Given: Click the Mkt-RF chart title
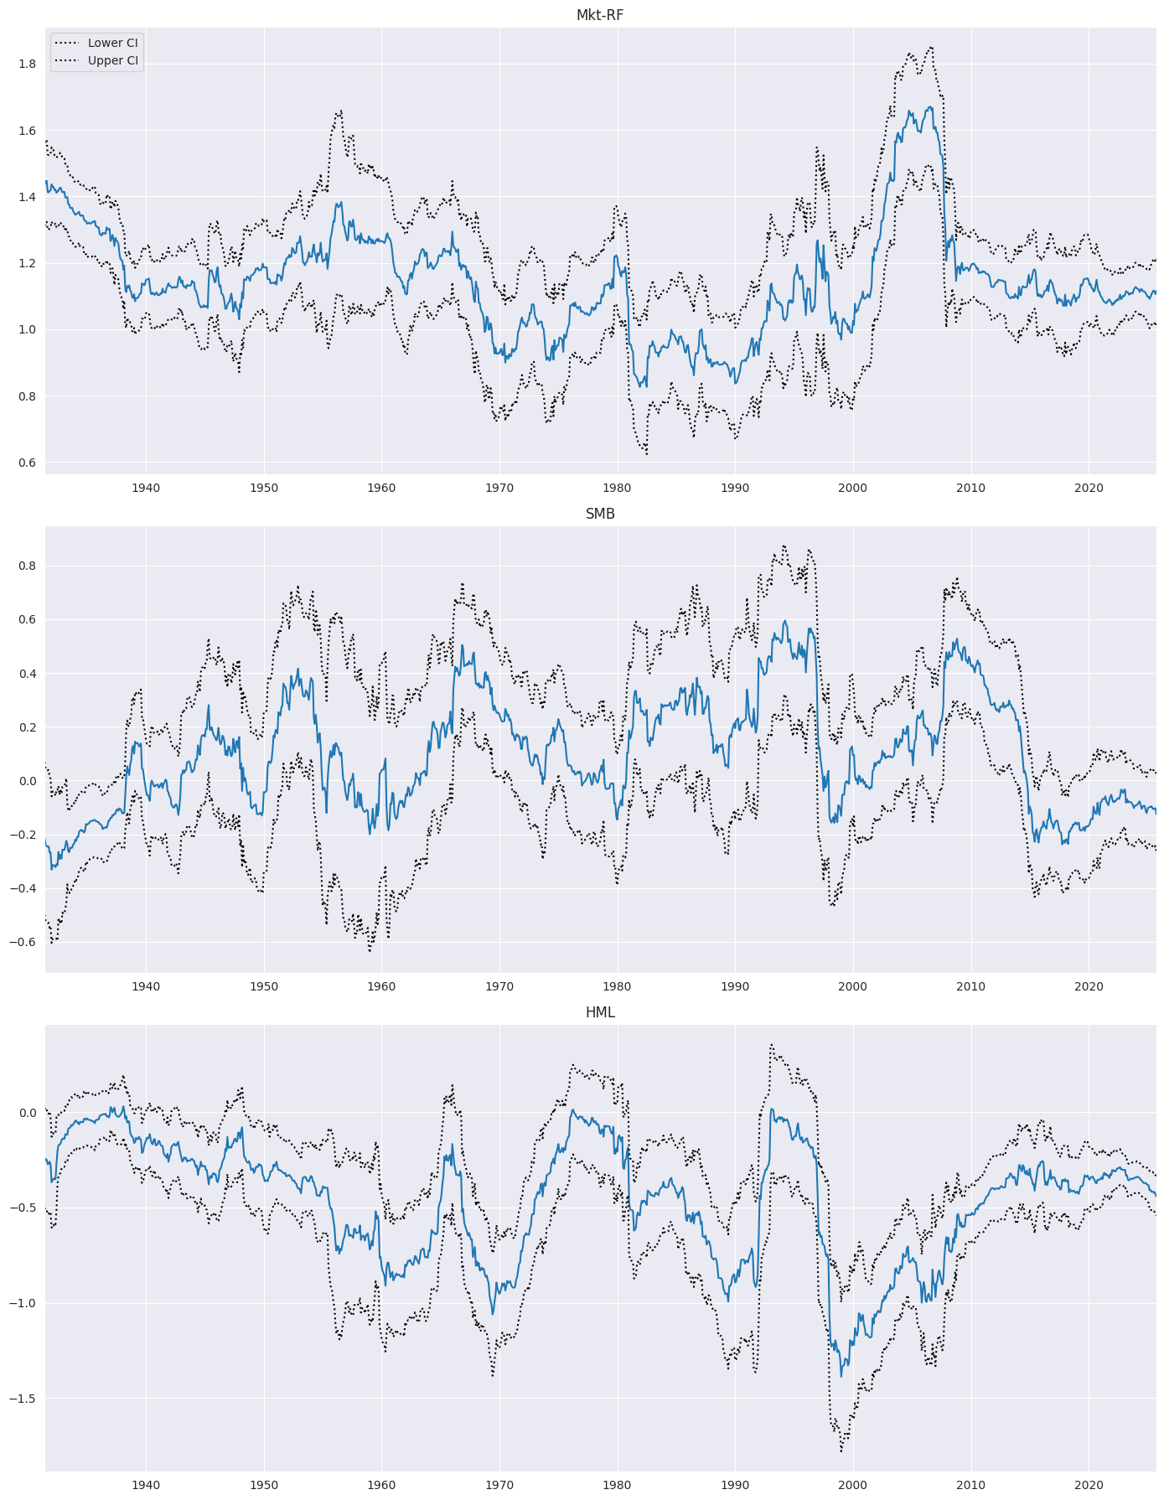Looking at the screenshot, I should point(600,15).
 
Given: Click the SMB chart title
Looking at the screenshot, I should point(600,514).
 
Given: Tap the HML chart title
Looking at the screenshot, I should point(600,1012).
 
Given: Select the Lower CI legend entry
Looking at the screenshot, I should point(112,43).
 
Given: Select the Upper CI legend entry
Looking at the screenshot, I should point(112,60).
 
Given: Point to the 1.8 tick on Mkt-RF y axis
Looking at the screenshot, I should point(27,64).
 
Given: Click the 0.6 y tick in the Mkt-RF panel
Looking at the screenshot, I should point(27,463).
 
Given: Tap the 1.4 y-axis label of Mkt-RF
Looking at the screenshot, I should point(27,197).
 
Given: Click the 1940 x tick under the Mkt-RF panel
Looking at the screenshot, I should point(146,487).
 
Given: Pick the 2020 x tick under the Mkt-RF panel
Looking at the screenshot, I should point(1089,487).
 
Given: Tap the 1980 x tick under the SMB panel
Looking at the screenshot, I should point(618,985).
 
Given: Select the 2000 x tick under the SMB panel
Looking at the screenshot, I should point(853,985).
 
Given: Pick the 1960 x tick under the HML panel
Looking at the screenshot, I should point(381,1484).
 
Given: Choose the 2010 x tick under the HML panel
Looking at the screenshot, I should point(970,1484).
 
